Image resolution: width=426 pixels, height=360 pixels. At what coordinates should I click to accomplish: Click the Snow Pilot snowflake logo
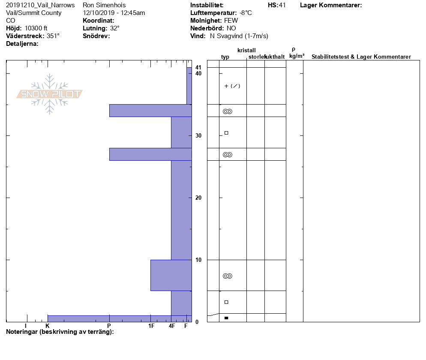click(x=49, y=94)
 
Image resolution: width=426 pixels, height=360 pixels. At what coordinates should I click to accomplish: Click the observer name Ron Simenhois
click(x=104, y=5)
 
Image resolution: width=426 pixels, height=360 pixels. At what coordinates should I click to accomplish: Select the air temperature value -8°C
click(x=246, y=13)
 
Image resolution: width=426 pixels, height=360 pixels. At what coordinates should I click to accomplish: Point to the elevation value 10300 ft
click(x=36, y=28)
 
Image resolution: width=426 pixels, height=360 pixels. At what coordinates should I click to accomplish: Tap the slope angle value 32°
click(x=115, y=28)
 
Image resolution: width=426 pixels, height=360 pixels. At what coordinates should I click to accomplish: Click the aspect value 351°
click(x=53, y=36)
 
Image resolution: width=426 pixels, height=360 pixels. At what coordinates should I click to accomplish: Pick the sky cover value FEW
click(x=231, y=21)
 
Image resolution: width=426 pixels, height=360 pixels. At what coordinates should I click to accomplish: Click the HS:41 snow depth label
click(x=276, y=5)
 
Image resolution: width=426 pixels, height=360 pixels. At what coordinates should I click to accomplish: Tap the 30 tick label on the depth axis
click(x=198, y=135)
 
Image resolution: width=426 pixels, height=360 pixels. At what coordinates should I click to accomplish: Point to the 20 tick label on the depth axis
click(x=198, y=198)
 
